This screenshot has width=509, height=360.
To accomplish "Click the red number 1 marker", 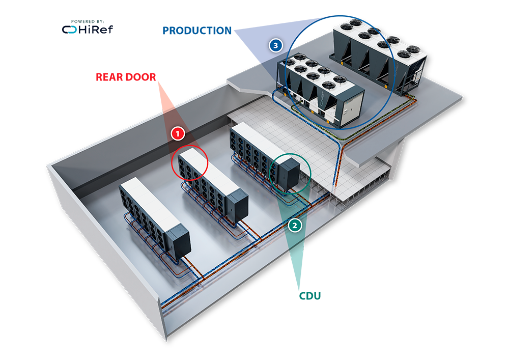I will pos(177,133).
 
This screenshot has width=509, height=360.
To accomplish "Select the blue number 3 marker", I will pos(275,45).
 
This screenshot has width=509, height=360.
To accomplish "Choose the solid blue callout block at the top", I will pos(186,38).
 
